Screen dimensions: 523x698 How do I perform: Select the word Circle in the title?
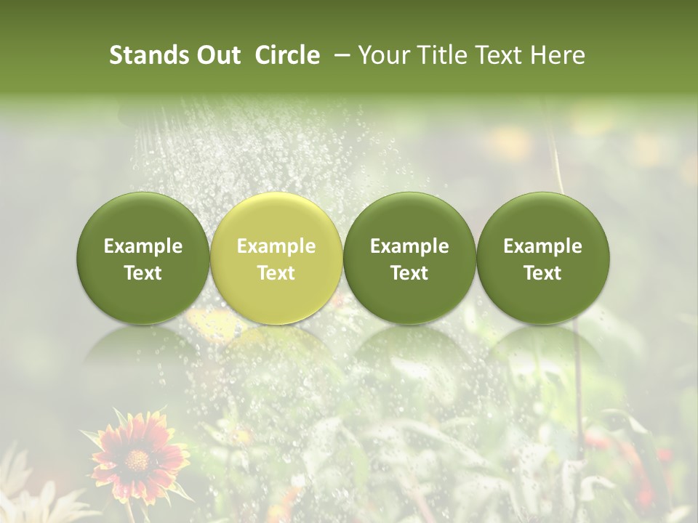point(287,55)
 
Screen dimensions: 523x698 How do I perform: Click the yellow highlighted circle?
point(276,259)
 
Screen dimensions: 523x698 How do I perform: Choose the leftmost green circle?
point(143,259)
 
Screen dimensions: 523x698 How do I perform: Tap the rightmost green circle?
point(543,259)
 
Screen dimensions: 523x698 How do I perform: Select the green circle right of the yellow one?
point(409,259)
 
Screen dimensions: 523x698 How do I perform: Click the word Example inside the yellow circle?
point(276,246)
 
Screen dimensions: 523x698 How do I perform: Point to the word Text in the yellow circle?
point(276,273)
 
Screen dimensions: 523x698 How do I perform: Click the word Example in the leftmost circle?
point(143,246)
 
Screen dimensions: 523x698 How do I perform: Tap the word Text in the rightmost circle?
point(543,273)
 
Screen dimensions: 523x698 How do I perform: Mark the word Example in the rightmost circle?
point(543,246)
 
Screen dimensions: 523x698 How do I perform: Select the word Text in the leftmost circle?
point(143,273)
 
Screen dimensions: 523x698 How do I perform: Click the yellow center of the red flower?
point(136,459)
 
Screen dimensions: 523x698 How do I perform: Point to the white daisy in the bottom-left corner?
point(29,501)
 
